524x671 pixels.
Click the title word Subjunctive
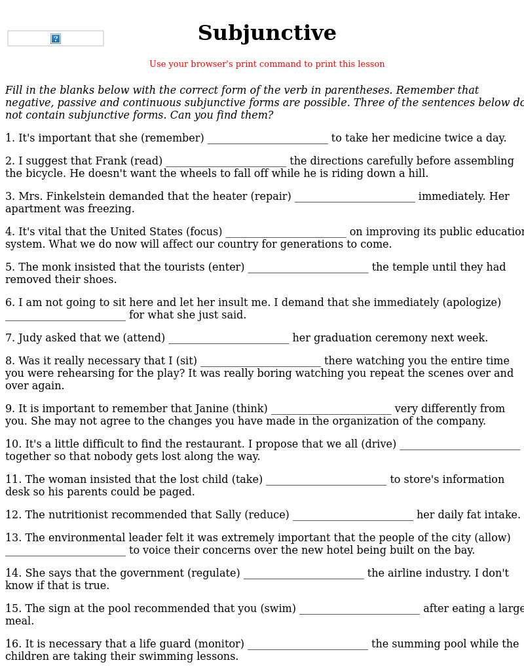pyautogui.click(x=267, y=33)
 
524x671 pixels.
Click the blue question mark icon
pyautogui.click(x=56, y=39)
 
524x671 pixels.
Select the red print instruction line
pyautogui.click(x=267, y=64)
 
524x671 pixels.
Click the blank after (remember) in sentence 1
pyautogui.click(x=267, y=139)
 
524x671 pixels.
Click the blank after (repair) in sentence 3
pyautogui.click(x=354, y=197)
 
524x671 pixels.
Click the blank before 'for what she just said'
pyautogui.click(x=65, y=316)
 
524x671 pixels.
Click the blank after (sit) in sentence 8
pyautogui.click(x=261, y=362)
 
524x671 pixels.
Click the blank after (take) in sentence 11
pyautogui.click(x=326, y=480)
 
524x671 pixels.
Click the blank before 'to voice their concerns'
pyautogui.click(x=65, y=551)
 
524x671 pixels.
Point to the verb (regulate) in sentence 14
pyautogui.click(x=214, y=573)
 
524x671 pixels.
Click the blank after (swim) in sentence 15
pyautogui.click(x=359, y=609)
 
